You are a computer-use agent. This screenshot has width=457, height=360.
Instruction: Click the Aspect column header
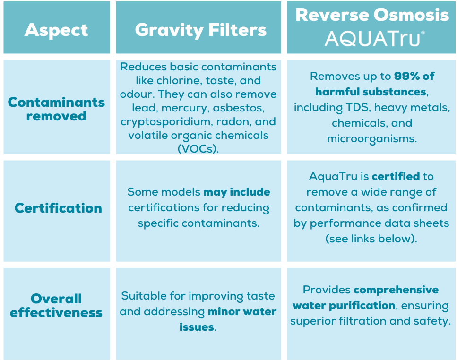pos(56,30)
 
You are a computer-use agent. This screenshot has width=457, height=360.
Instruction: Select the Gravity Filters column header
pos(201,30)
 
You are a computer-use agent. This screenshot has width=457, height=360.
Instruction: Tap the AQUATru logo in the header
pos(374,38)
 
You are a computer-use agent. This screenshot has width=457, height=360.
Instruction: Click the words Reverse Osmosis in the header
pos(372,15)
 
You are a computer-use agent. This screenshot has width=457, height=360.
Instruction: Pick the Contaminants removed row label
pos(56,109)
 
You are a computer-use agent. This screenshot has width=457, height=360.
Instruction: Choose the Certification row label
pos(58,208)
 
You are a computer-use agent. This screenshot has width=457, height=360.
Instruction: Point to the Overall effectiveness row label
pos(56,306)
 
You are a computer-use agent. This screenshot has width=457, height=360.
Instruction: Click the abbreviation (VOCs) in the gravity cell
pos(198,149)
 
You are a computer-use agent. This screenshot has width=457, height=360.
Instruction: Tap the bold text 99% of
pos(414,77)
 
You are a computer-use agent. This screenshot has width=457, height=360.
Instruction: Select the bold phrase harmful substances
pos(371,92)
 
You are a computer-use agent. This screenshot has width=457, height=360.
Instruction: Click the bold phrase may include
pos(237,192)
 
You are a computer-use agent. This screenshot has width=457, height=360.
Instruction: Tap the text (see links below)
pos(371,239)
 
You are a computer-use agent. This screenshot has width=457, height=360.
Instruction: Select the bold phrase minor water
pos(242,312)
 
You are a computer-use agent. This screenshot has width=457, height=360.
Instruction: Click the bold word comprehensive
pos(396,290)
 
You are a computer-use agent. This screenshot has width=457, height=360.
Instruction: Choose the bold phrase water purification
pos(344,306)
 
